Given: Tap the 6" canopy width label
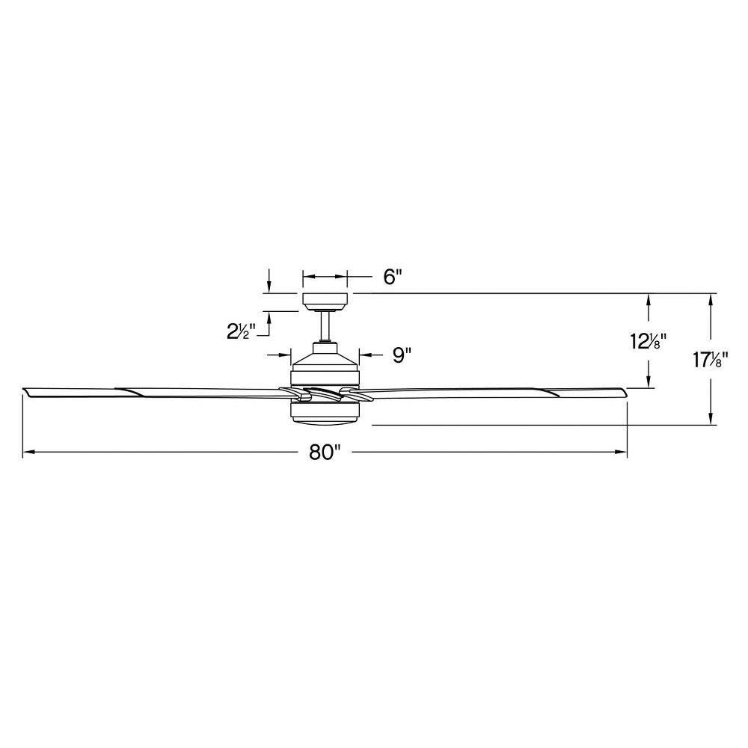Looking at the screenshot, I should tap(393, 277).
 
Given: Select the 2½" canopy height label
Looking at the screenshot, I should tap(242, 330).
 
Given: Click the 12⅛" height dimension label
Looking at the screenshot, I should tap(648, 341).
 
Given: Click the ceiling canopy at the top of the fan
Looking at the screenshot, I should tap(325, 301).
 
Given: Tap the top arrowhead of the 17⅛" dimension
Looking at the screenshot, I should tap(711, 298).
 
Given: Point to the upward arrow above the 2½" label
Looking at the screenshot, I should tap(269, 316).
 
